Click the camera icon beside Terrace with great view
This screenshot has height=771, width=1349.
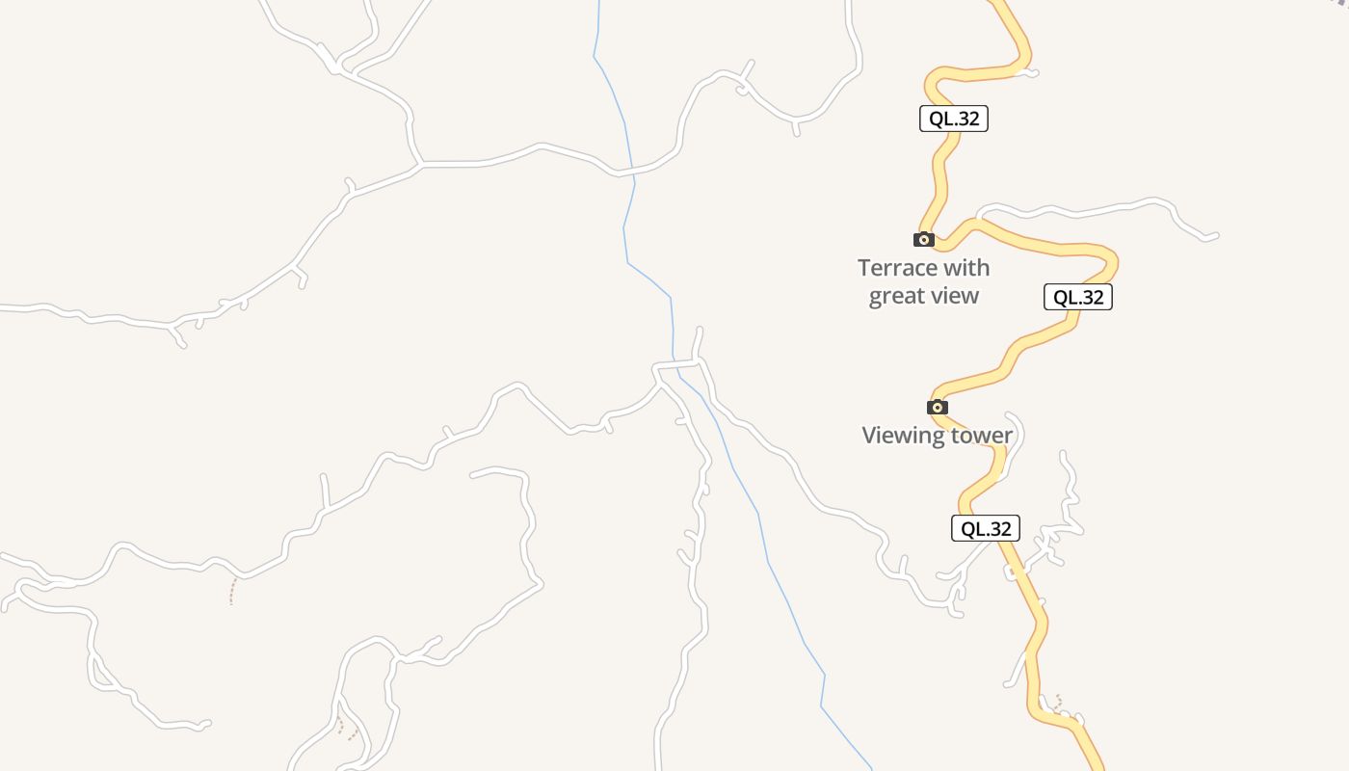923,239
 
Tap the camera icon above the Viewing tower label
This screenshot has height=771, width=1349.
937,407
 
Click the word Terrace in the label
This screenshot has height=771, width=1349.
897,268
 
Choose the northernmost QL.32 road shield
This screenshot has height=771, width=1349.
954,119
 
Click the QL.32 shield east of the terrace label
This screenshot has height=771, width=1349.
1078,297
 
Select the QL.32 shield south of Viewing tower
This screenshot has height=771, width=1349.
986,528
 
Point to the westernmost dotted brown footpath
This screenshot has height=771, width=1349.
232,591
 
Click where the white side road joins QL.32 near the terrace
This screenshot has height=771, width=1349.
977,221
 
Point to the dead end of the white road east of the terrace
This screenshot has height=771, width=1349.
1216,235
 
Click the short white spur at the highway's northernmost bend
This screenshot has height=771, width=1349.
1029,71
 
